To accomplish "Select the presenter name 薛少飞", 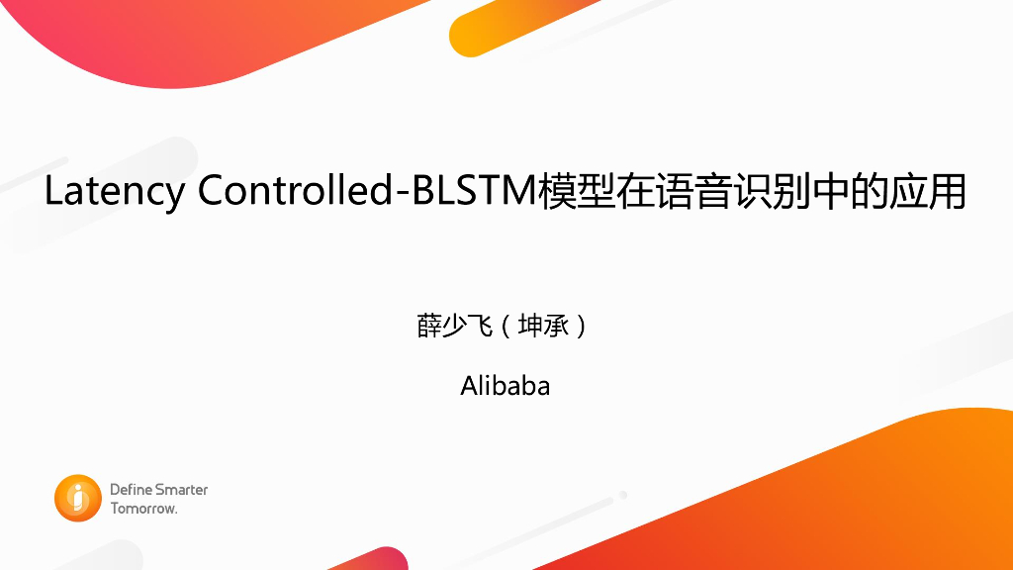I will (455, 326).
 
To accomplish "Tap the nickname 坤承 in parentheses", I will (545, 326).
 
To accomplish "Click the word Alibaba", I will (506, 385).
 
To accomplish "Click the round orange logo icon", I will (78, 499).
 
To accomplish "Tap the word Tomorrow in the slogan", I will (142, 509).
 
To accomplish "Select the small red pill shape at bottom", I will (381, 559).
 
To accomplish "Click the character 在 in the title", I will (644, 192).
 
